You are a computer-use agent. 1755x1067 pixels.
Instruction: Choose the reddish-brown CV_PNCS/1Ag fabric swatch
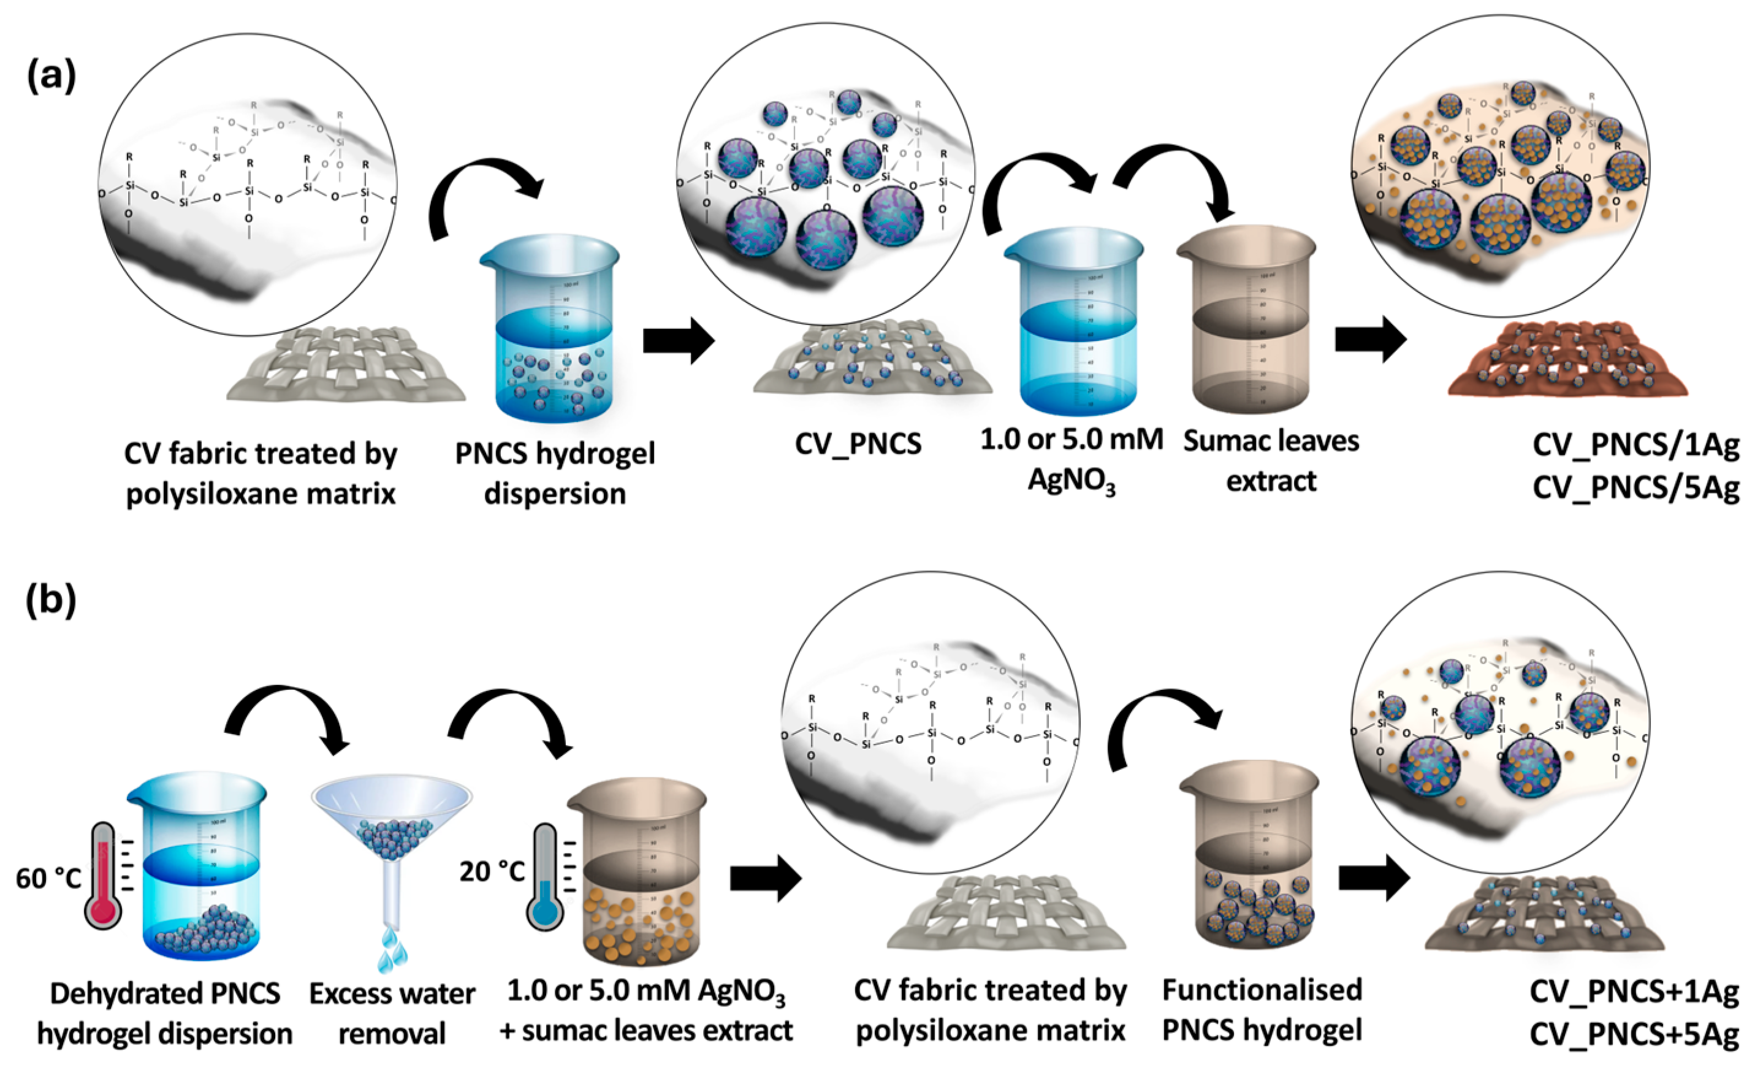coord(1567,360)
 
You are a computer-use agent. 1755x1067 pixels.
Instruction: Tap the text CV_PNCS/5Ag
coord(1635,488)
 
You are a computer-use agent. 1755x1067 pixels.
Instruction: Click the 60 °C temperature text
coord(48,879)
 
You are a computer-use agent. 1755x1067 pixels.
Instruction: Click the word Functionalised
coord(1262,990)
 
